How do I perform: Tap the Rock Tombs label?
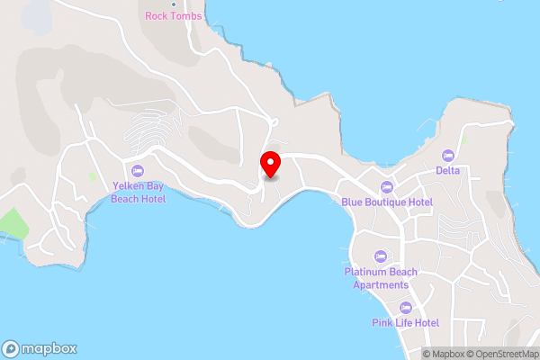click(x=174, y=16)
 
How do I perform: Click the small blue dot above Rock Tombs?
click(x=174, y=4)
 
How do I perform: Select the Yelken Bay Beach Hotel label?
click(x=139, y=193)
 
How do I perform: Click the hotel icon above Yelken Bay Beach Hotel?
click(x=138, y=171)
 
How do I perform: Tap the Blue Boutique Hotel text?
click(x=387, y=202)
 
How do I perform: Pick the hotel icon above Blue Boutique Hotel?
click(x=387, y=187)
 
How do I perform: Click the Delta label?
click(x=448, y=170)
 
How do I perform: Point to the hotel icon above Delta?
click(x=448, y=155)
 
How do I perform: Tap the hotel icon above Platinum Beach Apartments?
click(x=381, y=256)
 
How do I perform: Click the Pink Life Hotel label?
click(x=405, y=322)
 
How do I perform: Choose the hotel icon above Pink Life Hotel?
click(x=405, y=308)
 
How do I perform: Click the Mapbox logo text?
click(x=49, y=349)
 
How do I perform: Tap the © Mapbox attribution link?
click(x=447, y=354)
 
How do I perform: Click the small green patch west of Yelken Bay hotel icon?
click(x=92, y=176)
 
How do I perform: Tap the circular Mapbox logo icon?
click(x=12, y=349)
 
